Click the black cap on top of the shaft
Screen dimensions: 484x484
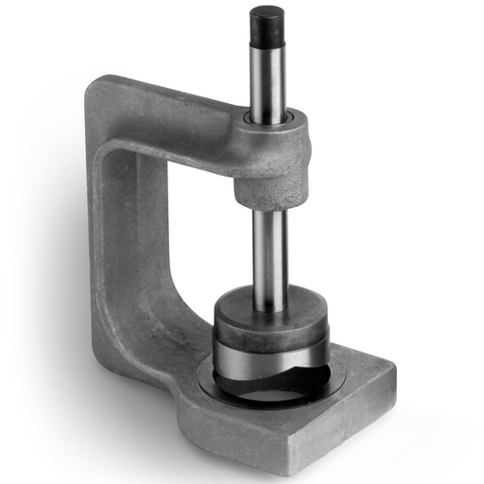(x=267, y=26)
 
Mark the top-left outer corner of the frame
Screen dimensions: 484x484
(x=92, y=85)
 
